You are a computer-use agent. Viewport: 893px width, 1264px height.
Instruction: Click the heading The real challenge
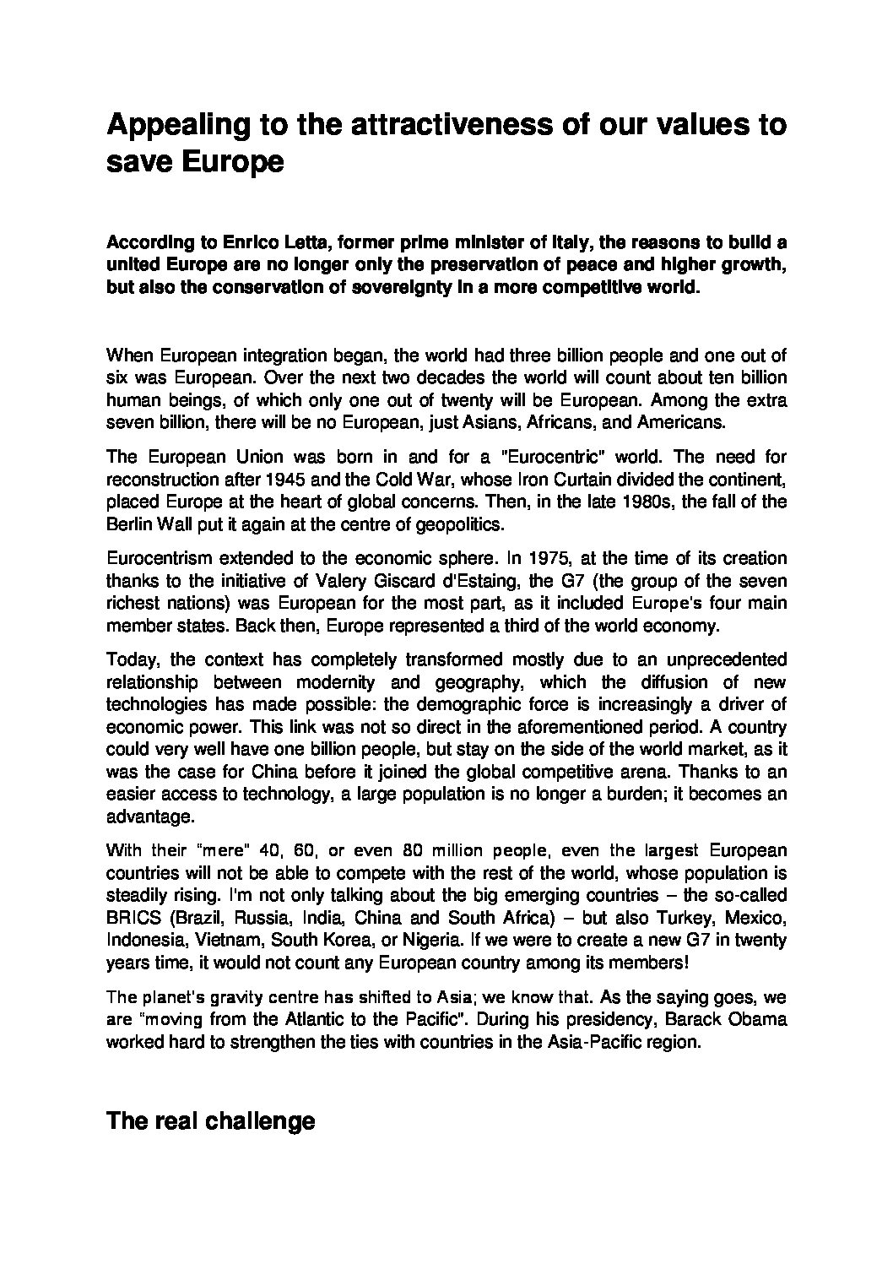click(x=210, y=1121)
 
